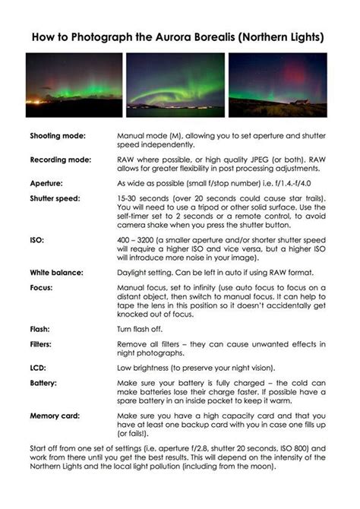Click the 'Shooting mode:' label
click(x=58, y=135)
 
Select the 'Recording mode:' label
click(x=61, y=160)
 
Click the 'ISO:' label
click(x=37, y=239)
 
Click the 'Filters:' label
click(x=43, y=346)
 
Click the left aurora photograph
click(x=73, y=84)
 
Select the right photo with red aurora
click(x=277, y=84)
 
